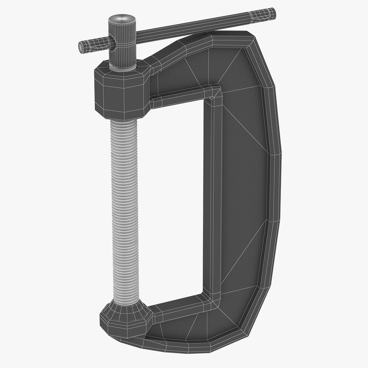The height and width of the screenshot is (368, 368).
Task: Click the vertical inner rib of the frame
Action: [213, 198]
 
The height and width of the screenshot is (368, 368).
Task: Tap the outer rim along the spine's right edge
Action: [274, 191]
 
